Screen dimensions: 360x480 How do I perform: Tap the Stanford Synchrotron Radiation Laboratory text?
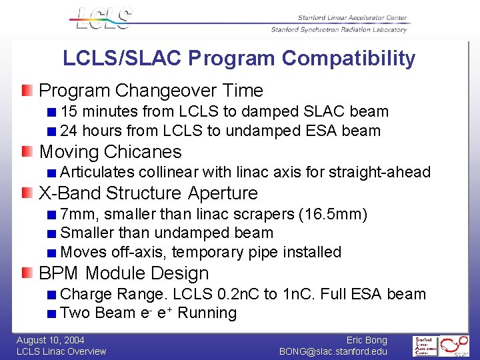[x=339, y=29]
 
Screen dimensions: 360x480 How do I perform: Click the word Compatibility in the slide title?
[x=348, y=59]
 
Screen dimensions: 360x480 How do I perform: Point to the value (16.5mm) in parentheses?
[x=333, y=215]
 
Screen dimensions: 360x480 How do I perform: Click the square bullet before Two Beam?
[x=52, y=313]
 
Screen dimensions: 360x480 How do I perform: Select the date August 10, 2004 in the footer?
[x=51, y=340]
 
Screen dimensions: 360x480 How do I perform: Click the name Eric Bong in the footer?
[x=367, y=340]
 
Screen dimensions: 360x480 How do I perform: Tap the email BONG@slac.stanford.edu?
[x=333, y=351]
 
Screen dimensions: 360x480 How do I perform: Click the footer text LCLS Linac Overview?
[x=61, y=351]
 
